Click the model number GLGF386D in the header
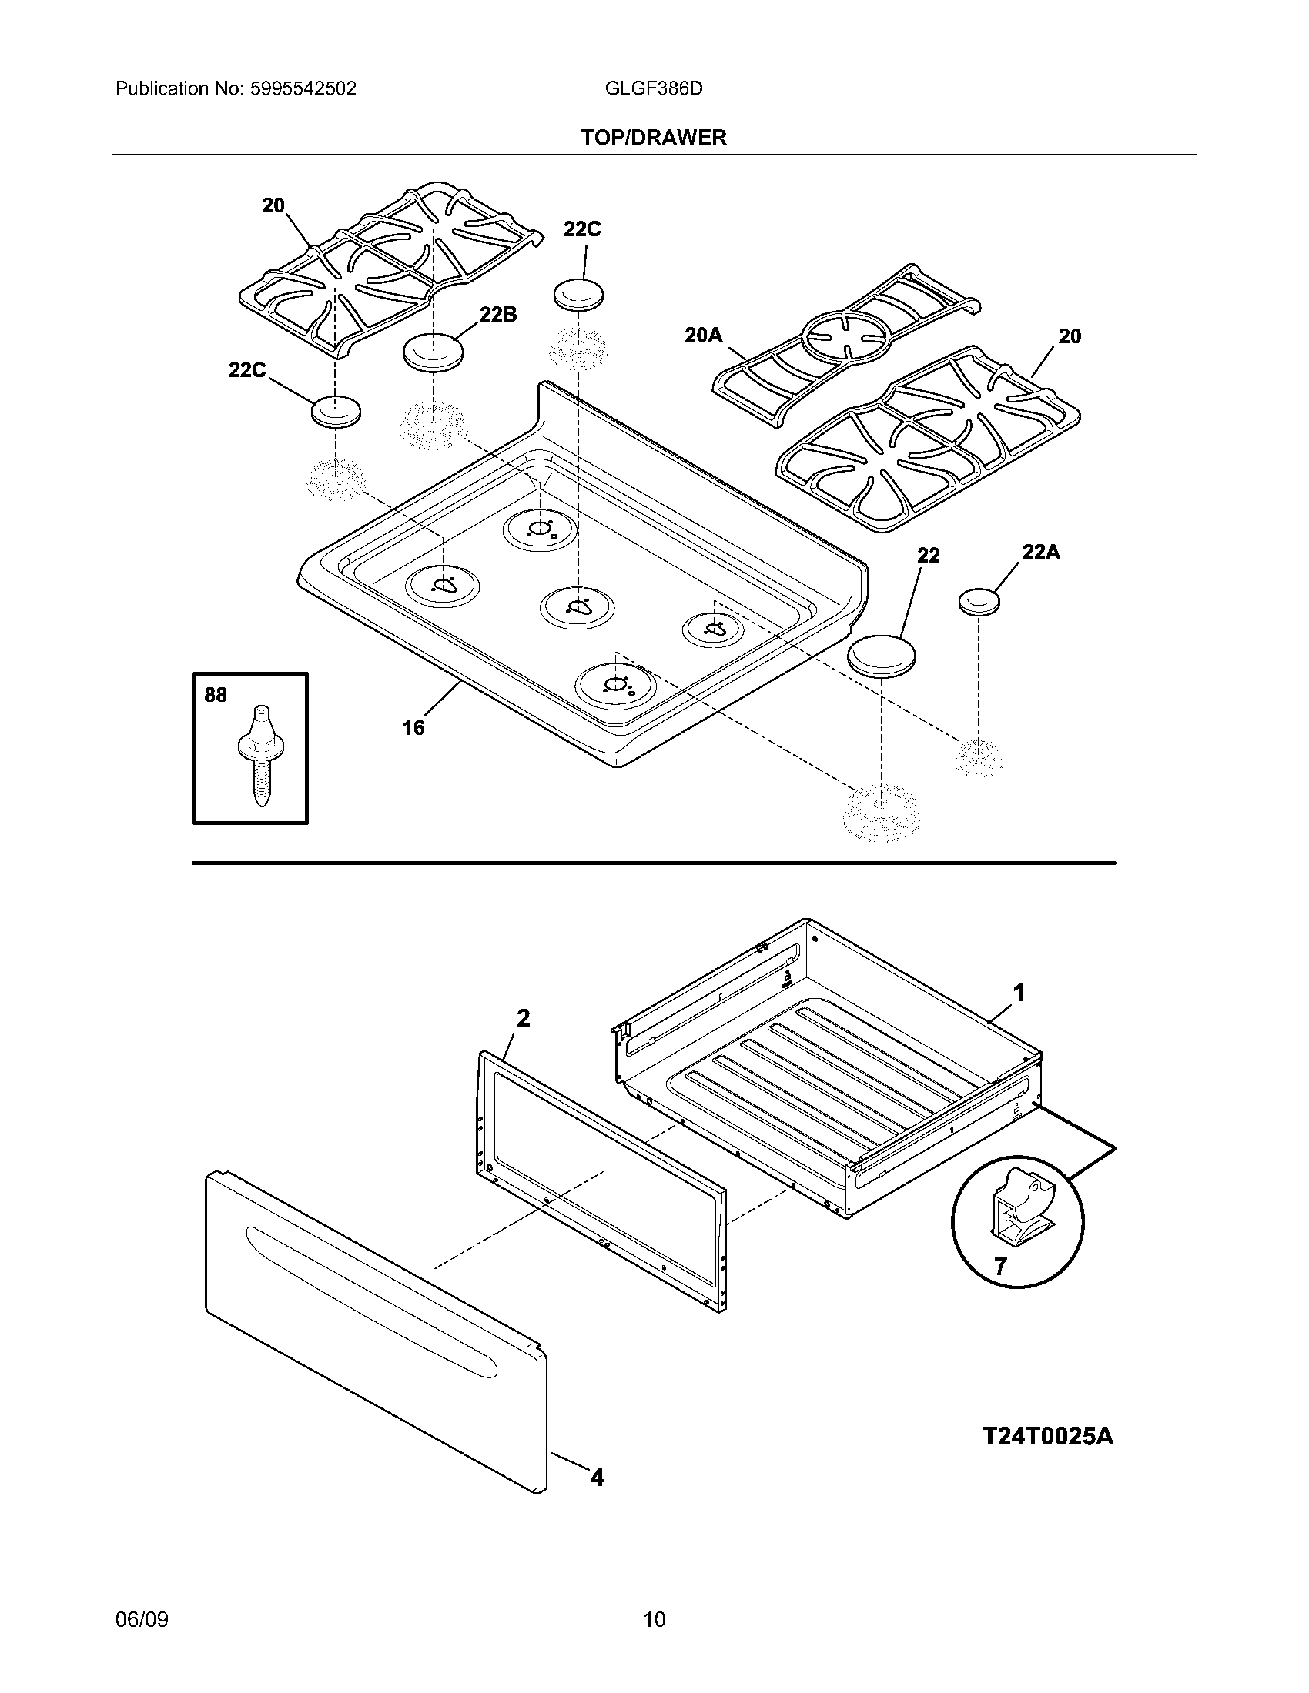tap(653, 88)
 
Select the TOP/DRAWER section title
tap(654, 138)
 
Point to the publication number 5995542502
tap(302, 88)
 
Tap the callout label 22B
tap(498, 314)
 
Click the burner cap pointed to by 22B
tap(433, 352)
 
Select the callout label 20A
tap(703, 335)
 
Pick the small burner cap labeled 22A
tap(979, 601)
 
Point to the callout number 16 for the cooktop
tap(413, 727)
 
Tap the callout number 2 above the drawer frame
tap(524, 1018)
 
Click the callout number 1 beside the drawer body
tap(1019, 991)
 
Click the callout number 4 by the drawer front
tap(596, 1478)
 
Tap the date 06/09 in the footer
tap(142, 1618)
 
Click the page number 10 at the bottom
tap(654, 1618)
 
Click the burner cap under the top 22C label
tap(577, 296)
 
